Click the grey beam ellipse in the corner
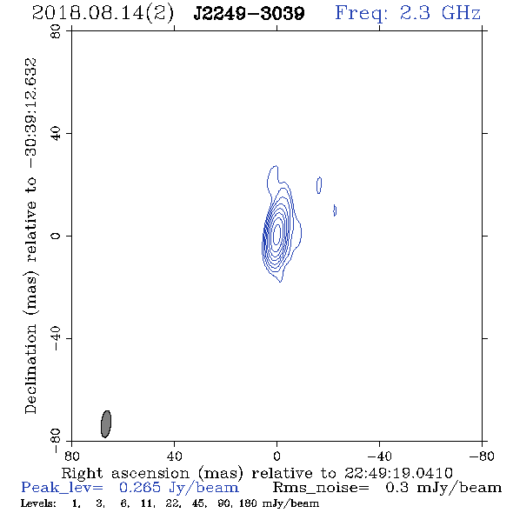[x=106, y=423]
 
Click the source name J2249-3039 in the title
[x=249, y=13]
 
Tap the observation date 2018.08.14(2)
[x=103, y=14]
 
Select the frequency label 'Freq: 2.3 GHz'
[x=408, y=13]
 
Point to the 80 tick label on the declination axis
[x=56, y=31]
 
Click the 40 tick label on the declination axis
[x=56, y=134]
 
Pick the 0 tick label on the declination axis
[x=56, y=236]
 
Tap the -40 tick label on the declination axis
[x=56, y=338]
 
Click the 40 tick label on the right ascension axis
[x=174, y=456]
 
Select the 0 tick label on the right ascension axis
[x=276, y=456]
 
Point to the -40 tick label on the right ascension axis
[x=379, y=456]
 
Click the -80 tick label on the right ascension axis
[x=482, y=456]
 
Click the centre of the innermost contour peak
[x=276, y=232]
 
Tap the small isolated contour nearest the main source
[x=319, y=185]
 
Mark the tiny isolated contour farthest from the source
[x=335, y=210]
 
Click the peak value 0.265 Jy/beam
[x=178, y=488]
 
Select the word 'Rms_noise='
[x=321, y=488]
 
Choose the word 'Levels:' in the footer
[x=38, y=503]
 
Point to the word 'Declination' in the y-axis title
[x=30, y=369]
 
